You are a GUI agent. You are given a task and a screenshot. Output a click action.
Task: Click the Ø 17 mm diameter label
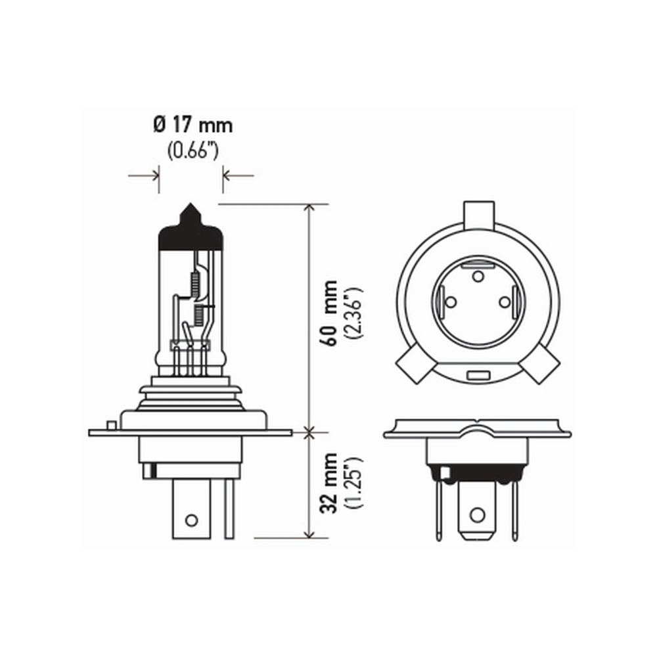coord(193,124)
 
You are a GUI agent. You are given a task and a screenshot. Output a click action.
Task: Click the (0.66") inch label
coord(192,151)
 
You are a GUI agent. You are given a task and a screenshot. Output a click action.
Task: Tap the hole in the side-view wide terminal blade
coord(191,520)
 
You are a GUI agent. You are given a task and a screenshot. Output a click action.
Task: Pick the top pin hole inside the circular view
coord(478,275)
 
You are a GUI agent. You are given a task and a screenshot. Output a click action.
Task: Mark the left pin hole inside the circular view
coord(451,302)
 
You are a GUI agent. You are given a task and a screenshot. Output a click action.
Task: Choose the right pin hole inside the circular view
coord(505,302)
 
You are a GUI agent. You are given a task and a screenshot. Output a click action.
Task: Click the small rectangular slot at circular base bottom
coord(478,376)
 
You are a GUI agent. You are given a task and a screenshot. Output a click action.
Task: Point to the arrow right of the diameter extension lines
coord(238,175)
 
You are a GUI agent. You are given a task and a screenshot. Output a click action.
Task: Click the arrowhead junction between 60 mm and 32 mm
coord(309,432)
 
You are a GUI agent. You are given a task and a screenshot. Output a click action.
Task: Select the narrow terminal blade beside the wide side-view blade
coord(229,509)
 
